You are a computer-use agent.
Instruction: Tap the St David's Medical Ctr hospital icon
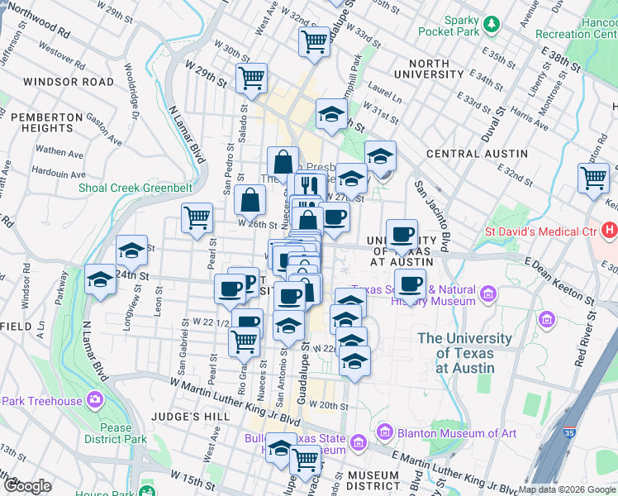[610, 231]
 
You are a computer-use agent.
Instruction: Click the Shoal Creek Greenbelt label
[135, 188]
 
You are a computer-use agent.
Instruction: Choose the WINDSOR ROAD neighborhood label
[69, 82]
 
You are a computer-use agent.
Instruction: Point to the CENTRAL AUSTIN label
[477, 154]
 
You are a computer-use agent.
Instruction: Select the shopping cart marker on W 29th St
[251, 79]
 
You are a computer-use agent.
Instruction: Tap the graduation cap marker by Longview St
[131, 251]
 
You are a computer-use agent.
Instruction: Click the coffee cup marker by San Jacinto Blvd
[402, 234]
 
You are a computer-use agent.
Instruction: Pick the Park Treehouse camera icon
[96, 401]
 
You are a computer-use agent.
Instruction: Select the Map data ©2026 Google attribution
[567, 489]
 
